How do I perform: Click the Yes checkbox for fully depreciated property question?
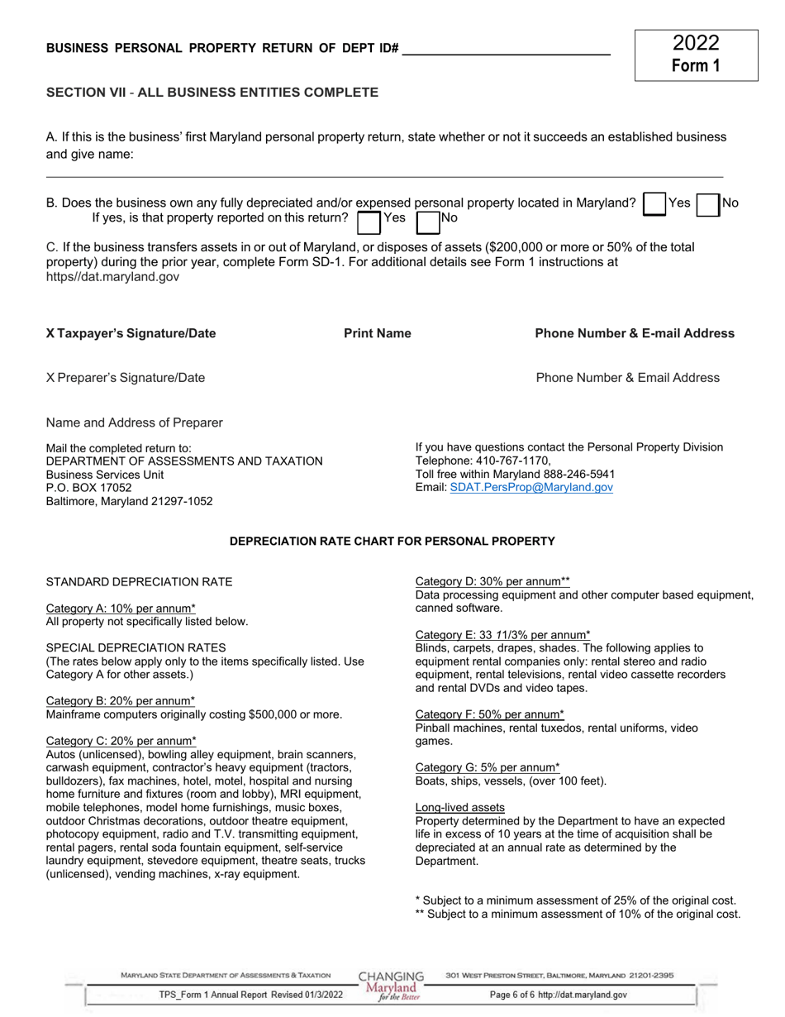click(x=654, y=204)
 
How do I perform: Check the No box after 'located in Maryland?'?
click(x=708, y=204)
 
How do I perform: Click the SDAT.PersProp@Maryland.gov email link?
click(x=531, y=488)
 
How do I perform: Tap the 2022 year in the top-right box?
click(x=696, y=44)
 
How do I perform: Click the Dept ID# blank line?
click(x=506, y=50)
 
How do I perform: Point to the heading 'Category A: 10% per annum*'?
click(x=121, y=609)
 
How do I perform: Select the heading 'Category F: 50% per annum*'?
click(x=489, y=714)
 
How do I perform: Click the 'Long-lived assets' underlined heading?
click(x=459, y=807)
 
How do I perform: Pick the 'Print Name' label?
click(x=378, y=333)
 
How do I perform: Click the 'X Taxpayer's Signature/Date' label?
click(x=131, y=333)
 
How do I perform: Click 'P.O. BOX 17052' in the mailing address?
click(x=88, y=488)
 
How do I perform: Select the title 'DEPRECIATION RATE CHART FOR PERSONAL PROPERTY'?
click(x=392, y=542)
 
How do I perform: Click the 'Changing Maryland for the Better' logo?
click(x=391, y=986)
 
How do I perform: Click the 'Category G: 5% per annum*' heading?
click(x=487, y=767)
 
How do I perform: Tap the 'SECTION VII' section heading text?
click(x=86, y=93)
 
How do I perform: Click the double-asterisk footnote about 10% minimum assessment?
click(x=577, y=914)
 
